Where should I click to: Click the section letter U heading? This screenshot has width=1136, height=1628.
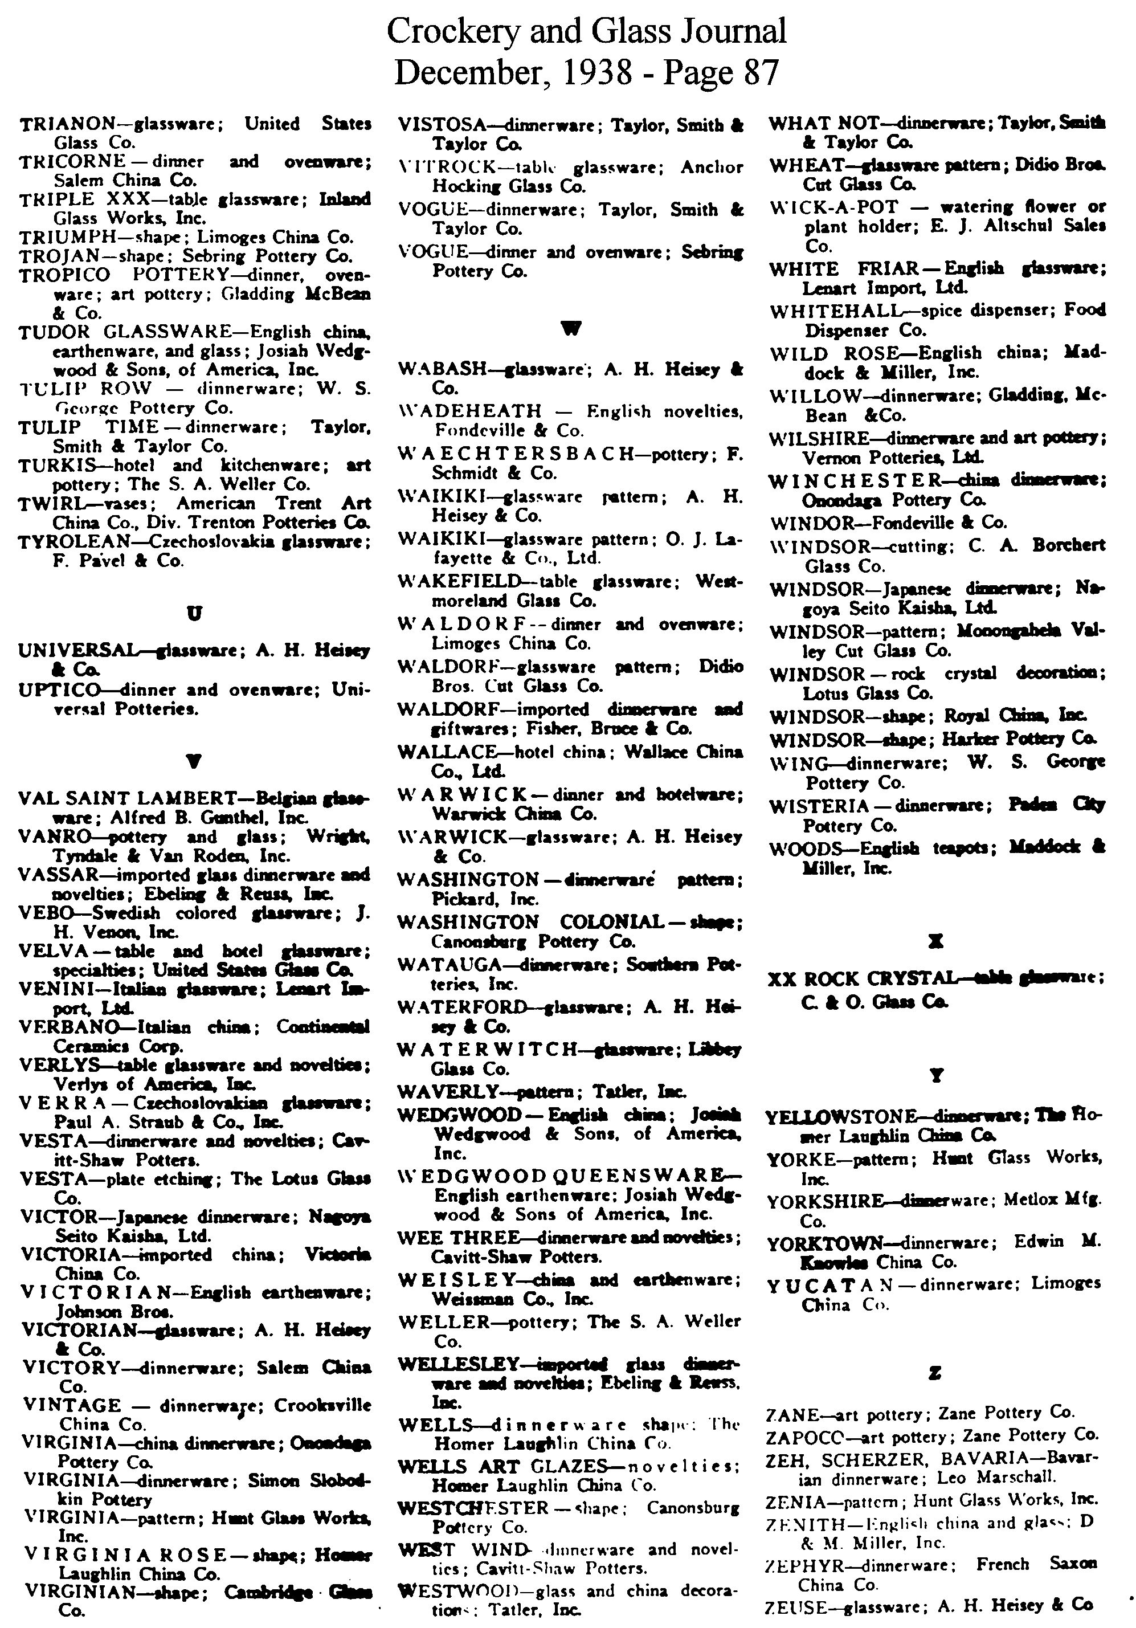coord(194,613)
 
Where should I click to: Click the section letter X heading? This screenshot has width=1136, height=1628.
coord(936,941)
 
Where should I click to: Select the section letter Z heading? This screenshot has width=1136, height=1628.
coord(935,1373)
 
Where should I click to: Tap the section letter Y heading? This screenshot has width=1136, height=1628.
coord(936,1076)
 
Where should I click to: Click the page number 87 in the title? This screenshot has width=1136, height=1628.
coord(762,72)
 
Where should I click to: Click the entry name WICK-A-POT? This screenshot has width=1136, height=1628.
coord(834,207)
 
